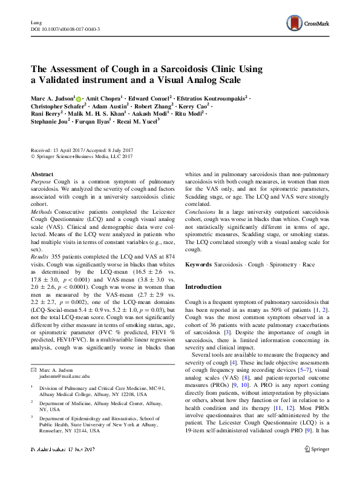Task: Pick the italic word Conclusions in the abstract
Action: coord(201,211)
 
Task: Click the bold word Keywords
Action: coord(198,265)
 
